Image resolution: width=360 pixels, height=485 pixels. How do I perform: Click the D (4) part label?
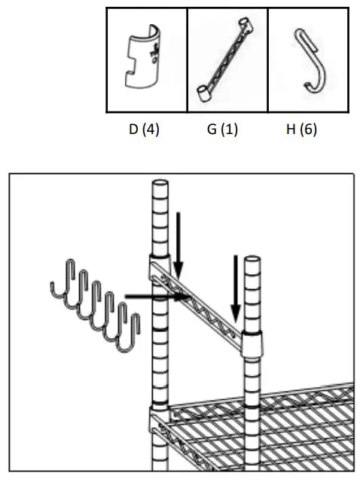click(x=145, y=130)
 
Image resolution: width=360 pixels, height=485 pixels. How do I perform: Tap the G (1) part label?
click(x=222, y=130)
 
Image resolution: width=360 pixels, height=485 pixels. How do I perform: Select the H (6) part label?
click(x=301, y=130)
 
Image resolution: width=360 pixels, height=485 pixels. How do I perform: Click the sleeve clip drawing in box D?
click(x=145, y=59)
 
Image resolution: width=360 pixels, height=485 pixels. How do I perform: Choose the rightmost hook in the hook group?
click(x=131, y=331)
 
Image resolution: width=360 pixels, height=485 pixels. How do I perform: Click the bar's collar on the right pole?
click(x=252, y=343)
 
